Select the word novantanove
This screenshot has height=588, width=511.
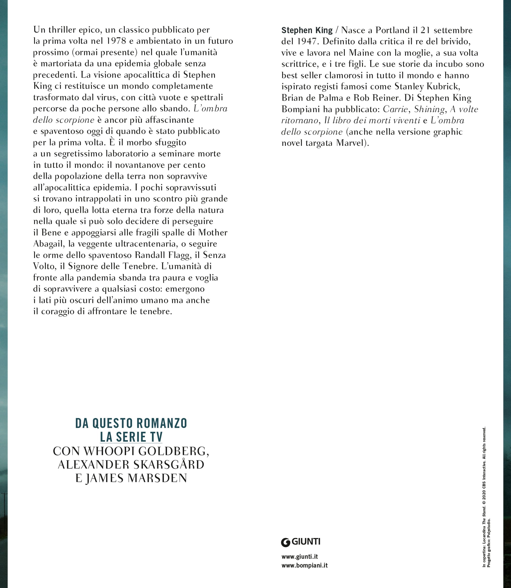pyautogui.click(x=134, y=165)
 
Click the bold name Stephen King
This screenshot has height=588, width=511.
pyautogui.click(x=307, y=30)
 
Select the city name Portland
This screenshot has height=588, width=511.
pyautogui.click(x=389, y=30)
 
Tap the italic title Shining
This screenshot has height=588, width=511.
pyautogui.click(x=429, y=109)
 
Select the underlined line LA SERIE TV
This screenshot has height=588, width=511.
pyautogui.click(x=131, y=437)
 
